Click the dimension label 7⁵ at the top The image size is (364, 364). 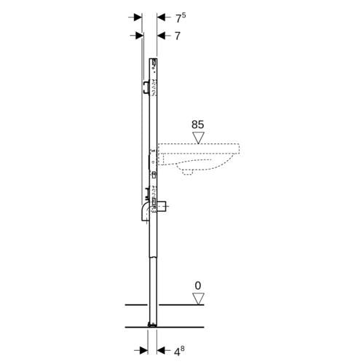[x=181, y=18]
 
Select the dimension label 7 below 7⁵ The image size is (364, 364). [x=178, y=36]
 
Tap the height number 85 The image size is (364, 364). [x=198, y=124]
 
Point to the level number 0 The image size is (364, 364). [x=198, y=286]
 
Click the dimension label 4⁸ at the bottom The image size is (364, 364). [x=179, y=351]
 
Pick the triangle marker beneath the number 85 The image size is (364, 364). [x=198, y=138]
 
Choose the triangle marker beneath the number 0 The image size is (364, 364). [x=198, y=298]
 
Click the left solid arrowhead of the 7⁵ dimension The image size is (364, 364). [x=138, y=17]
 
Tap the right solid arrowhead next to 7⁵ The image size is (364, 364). [x=161, y=17]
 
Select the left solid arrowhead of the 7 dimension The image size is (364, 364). [x=139, y=36]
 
